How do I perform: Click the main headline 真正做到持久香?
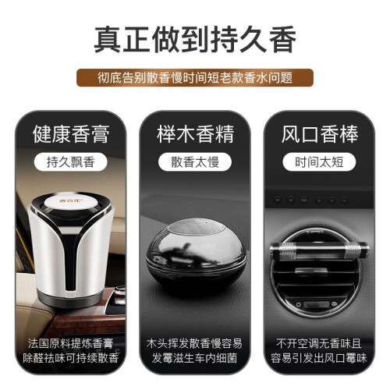click(x=195, y=40)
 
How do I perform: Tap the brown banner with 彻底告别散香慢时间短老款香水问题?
click(x=195, y=77)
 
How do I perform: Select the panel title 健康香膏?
click(x=71, y=134)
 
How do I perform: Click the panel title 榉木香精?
click(x=195, y=134)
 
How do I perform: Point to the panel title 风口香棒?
click(x=320, y=134)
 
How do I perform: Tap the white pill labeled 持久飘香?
click(x=70, y=162)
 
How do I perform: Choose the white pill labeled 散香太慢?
click(x=195, y=162)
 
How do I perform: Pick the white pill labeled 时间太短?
click(x=319, y=162)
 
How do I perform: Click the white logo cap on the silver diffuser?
click(x=70, y=202)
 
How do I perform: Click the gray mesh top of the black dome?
click(x=196, y=226)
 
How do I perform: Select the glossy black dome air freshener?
click(x=196, y=255)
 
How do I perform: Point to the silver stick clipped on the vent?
click(x=320, y=250)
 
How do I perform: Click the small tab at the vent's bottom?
click(x=316, y=304)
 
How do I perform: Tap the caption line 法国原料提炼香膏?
click(x=70, y=343)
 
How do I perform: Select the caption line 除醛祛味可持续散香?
click(x=70, y=358)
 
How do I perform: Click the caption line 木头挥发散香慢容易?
click(x=194, y=343)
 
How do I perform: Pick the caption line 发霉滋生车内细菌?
click(x=194, y=358)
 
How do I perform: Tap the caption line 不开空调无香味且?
click(x=319, y=343)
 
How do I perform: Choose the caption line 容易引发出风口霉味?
click(x=319, y=358)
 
